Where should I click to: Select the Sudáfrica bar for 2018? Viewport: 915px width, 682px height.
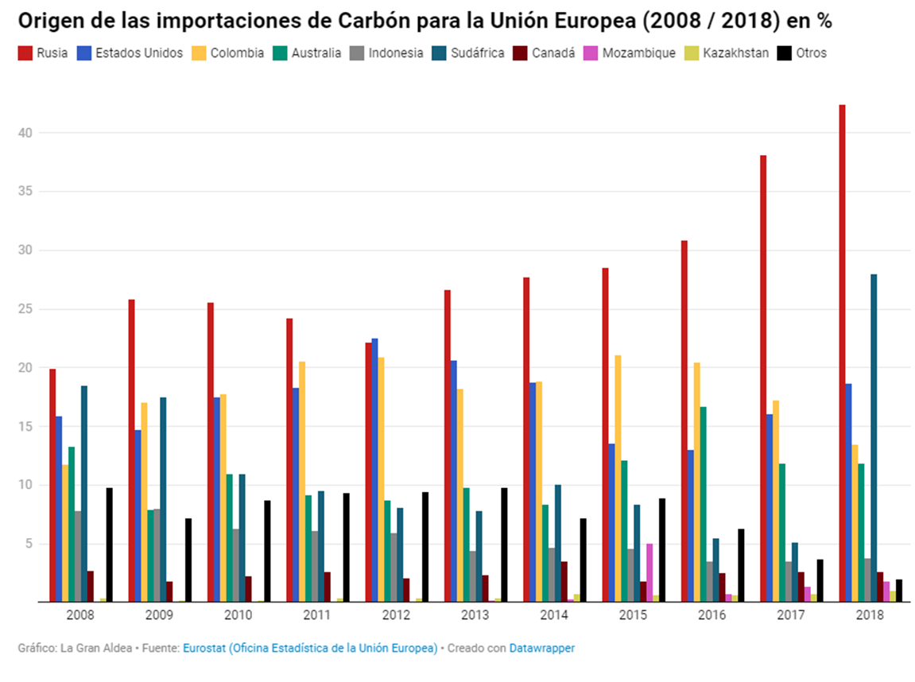[874, 438]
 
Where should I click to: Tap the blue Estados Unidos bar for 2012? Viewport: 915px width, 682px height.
[374, 470]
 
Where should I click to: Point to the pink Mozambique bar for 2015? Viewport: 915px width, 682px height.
[649, 572]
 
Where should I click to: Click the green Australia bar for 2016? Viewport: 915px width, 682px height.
[703, 504]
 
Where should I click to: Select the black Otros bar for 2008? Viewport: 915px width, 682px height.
[109, 544]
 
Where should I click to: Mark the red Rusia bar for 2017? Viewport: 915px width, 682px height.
[763, 378]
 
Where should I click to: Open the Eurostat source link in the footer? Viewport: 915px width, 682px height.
[310, 648]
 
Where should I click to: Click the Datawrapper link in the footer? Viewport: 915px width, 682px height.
[542, 648]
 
